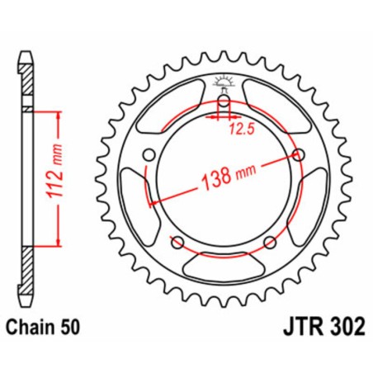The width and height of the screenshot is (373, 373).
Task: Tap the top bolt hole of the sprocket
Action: coord(222,102)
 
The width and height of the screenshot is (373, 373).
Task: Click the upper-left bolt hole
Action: coord(149,155)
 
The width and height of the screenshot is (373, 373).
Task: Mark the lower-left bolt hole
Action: coord(177,241)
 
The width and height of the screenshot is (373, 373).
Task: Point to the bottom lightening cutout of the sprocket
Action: coord(222,266)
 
